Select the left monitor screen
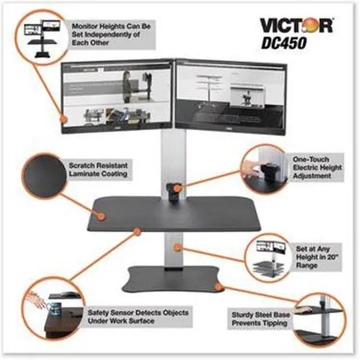tap(119, 94)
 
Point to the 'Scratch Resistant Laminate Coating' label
tap(98, 170)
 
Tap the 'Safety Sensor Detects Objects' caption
tap(137, 316)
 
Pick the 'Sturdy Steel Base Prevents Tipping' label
tap(261, 319)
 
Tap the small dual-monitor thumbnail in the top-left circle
tap(43, 34)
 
